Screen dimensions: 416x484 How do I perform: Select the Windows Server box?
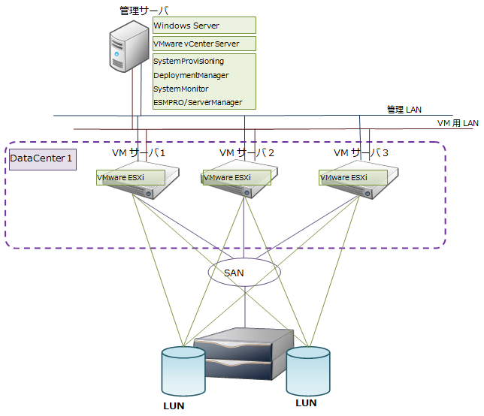click(204, 26)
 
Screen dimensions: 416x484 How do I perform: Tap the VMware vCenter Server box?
click(204, 44)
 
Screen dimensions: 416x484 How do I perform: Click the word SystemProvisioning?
click(189, 62)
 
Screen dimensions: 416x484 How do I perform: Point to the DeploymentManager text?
click(191, 75)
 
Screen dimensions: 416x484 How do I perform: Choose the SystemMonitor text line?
click(181, 89)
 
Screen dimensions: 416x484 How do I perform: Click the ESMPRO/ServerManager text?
click(198, 102)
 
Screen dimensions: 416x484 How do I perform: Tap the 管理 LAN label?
click(404, 110)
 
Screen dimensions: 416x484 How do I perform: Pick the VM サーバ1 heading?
click(138, 153)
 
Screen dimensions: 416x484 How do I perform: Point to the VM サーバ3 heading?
click(361, 153)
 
